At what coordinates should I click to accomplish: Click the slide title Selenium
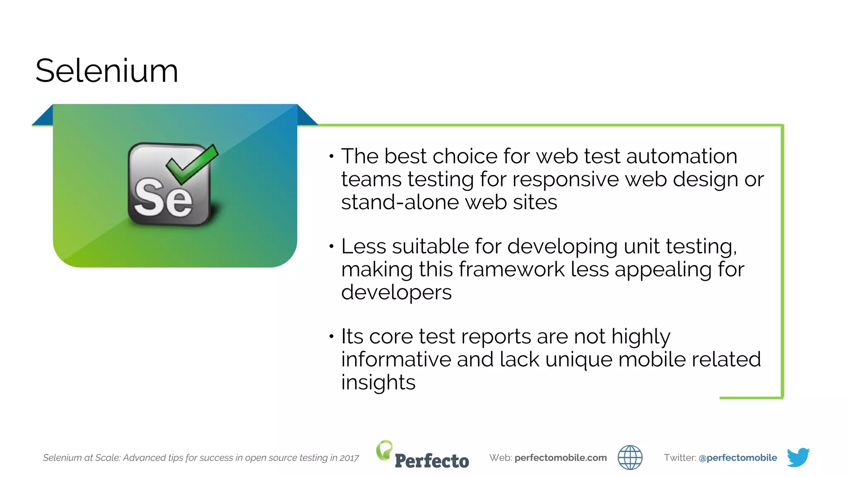pos(106,71)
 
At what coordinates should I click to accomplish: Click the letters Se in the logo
pos(163,198)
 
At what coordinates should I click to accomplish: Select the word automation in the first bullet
pos(682,157)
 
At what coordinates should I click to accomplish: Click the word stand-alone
pos(400,202)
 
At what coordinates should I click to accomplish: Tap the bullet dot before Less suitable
pos(331,246)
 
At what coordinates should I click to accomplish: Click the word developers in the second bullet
pos(396,293)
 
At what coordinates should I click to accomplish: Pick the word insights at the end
pos(378,382)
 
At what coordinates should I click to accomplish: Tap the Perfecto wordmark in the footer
pos(432,461)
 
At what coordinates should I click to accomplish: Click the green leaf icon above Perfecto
pos(384,450)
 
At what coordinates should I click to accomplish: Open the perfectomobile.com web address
pos(560,458)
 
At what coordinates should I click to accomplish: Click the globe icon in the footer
pos(630,458)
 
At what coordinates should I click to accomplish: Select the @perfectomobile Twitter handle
pos(737,458)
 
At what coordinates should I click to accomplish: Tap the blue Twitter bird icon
pos(798,457)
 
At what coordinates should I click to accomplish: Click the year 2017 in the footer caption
pos(349,458)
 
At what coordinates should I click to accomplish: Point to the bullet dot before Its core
pos(331,336)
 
